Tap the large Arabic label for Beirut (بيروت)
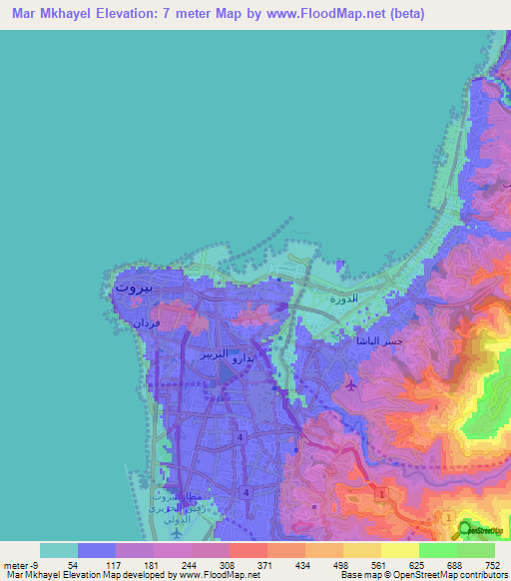(134, 287)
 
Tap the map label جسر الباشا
(382, 341)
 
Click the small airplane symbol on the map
(349, 383)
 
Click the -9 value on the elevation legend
(34, 565)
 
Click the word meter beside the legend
(14, 565)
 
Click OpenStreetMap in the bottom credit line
(449, 575)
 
